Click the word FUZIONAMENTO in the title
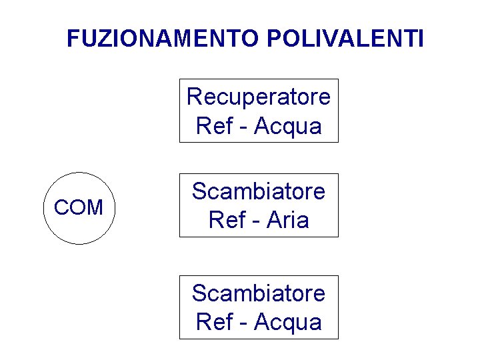[163, 39]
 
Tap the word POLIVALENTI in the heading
[345, 39]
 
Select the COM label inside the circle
[79, 208]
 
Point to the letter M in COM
[94, 208]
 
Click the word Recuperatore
[259, 97]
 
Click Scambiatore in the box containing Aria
[259, 192]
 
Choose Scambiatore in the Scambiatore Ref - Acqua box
[259, 293]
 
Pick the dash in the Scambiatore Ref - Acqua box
[243, 323]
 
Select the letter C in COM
[61, 208]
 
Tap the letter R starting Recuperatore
[194, 97]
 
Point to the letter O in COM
[77, 208]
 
